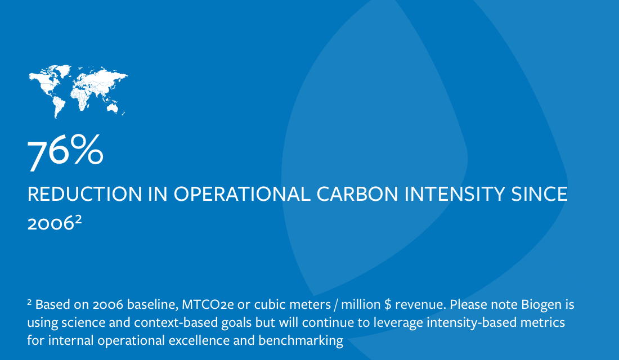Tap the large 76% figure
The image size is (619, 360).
point(65,152)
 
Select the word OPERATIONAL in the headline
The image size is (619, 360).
point(242,194)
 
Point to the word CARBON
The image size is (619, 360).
point(357,194)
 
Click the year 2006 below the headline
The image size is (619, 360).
point(51,223)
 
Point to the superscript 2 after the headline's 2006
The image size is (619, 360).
point(78,219)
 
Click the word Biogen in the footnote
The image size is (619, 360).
point(541,305)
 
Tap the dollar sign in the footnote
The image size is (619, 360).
point(388,304)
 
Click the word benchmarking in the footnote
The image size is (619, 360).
point(301,341)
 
